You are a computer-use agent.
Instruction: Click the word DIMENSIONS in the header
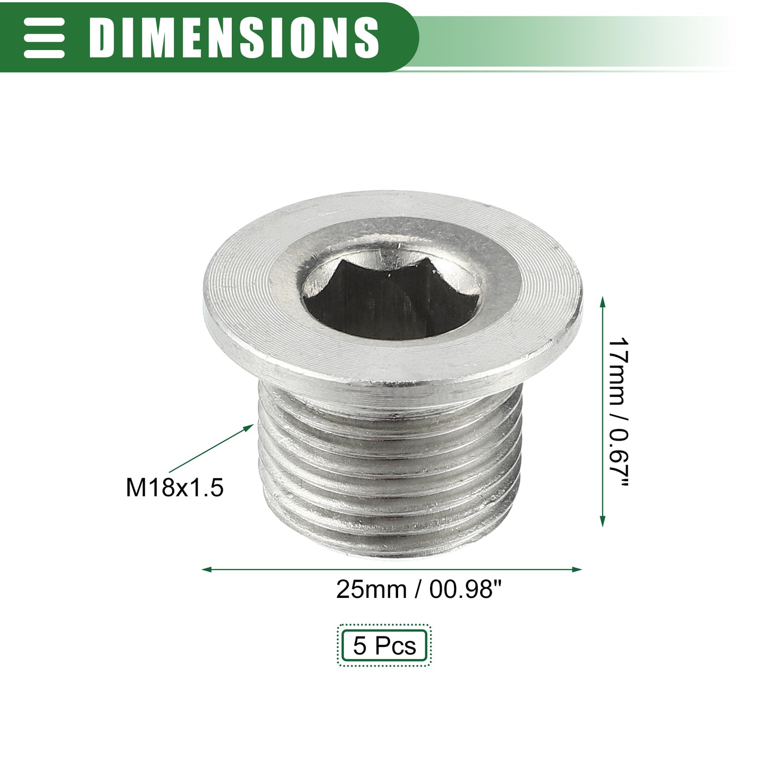[234, 37]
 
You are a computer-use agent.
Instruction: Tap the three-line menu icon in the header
[44, 37]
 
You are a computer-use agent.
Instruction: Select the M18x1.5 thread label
[175, 488]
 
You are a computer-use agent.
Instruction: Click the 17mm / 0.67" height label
[618, 412]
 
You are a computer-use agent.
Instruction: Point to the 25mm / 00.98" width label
[418, 589]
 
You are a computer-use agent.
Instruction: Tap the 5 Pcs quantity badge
[384, 645]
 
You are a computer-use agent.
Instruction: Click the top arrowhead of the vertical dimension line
[603, 303]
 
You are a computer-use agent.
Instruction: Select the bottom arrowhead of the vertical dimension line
[603, 521]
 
